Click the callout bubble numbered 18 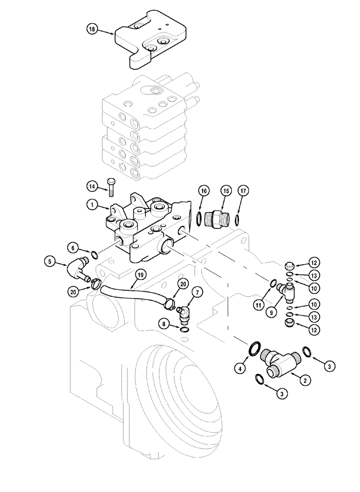91,30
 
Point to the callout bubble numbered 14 91,186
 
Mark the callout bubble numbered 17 241,190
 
